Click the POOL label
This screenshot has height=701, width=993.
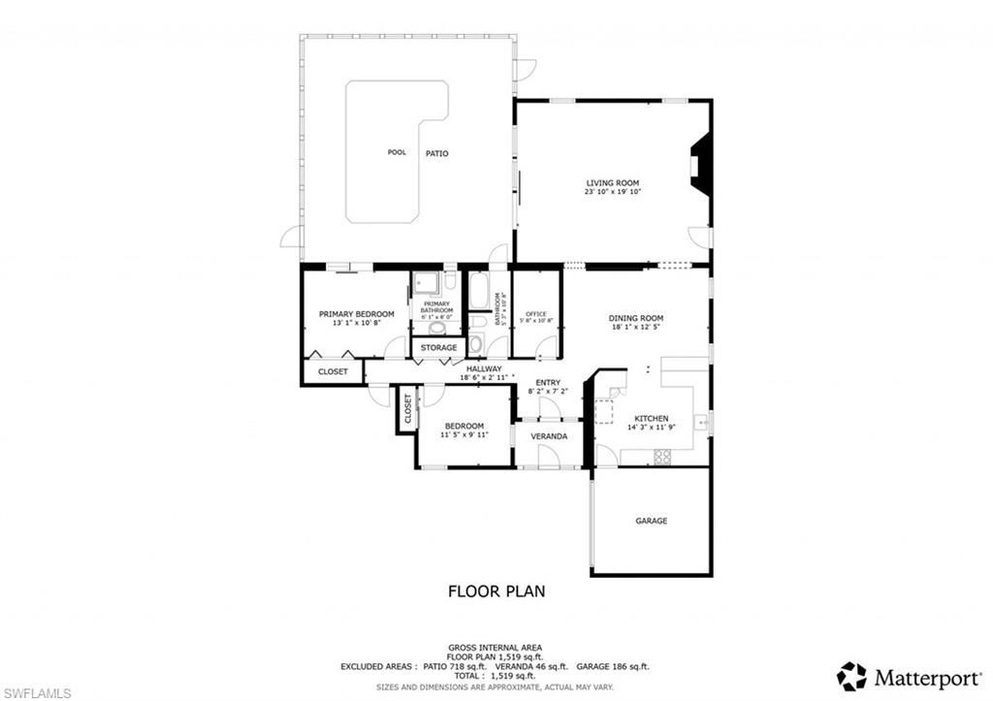tap(397, 152)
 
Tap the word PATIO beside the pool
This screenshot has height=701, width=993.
tap(436, 153)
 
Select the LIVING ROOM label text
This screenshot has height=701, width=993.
tap(612, 182)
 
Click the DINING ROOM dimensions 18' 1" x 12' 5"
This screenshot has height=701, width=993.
tap(635, 328)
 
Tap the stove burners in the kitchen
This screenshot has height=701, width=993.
tap(663, 457)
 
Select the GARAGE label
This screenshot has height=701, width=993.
tap(651, 521)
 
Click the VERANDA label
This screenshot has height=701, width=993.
tap(549, 436)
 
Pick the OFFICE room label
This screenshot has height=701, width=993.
tap(536, 314)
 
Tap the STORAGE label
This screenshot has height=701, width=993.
tap(438, 347)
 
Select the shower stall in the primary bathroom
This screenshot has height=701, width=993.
tap(426, 283)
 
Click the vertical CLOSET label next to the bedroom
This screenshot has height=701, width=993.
tap(407, 409)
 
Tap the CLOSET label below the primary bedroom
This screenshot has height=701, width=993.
tap(333, 370)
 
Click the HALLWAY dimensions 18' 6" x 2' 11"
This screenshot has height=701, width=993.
tap(485, 377)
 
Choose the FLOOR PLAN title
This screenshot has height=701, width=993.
tap(496, 590)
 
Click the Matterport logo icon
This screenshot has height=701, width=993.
tap(851, 676)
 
